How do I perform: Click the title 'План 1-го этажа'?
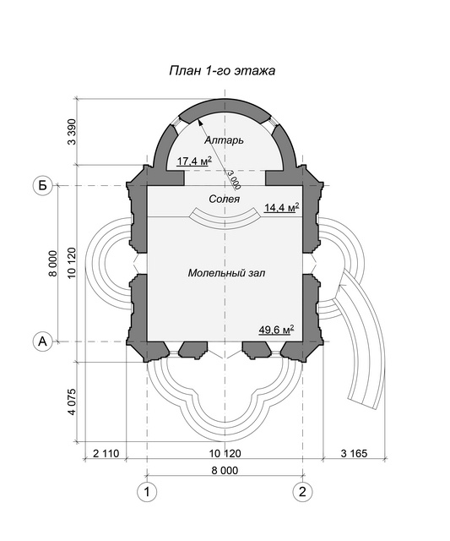pyautogui.click(x=222, y=71)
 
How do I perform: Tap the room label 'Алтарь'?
pyautogui.click(x=225, y=140)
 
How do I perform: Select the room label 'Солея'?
pyautogui.click(x=225, y=199)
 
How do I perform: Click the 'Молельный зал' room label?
pyautogui.click(x=227, y=273)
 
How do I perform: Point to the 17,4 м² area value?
pyautogui.click(x=194, y=161)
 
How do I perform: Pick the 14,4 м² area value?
pyautogui.click(x=281, y=208)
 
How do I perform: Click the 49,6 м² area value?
pyautogui.click(x=276, y=330)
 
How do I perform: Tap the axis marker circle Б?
pyautogui.click(x=42, y=186)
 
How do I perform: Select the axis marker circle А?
pyautogui.click(x=42, y=342)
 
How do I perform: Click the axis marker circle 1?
pyautogui.click(x=147, y=492)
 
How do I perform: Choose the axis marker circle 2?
pyautogui.click(x=302, y=492)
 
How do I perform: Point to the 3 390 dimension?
pyautogui.click(x=72, y=132)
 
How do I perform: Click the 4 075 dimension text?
pyautogui.click(x=72, y=402)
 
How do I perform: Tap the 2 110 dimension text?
pyautogui.click(x=106, y=453)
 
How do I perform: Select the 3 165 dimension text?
pyautogui.click(x=355, y=453)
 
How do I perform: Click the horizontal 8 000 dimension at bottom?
pyautogui.click(x=225, y=471)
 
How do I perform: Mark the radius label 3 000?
pyautogui.click(x=233, y=179)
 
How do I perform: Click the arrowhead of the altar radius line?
pyautogui.click(x=200, y=123)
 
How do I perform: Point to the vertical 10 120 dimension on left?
pyautogui.click(x=72, y=263)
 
